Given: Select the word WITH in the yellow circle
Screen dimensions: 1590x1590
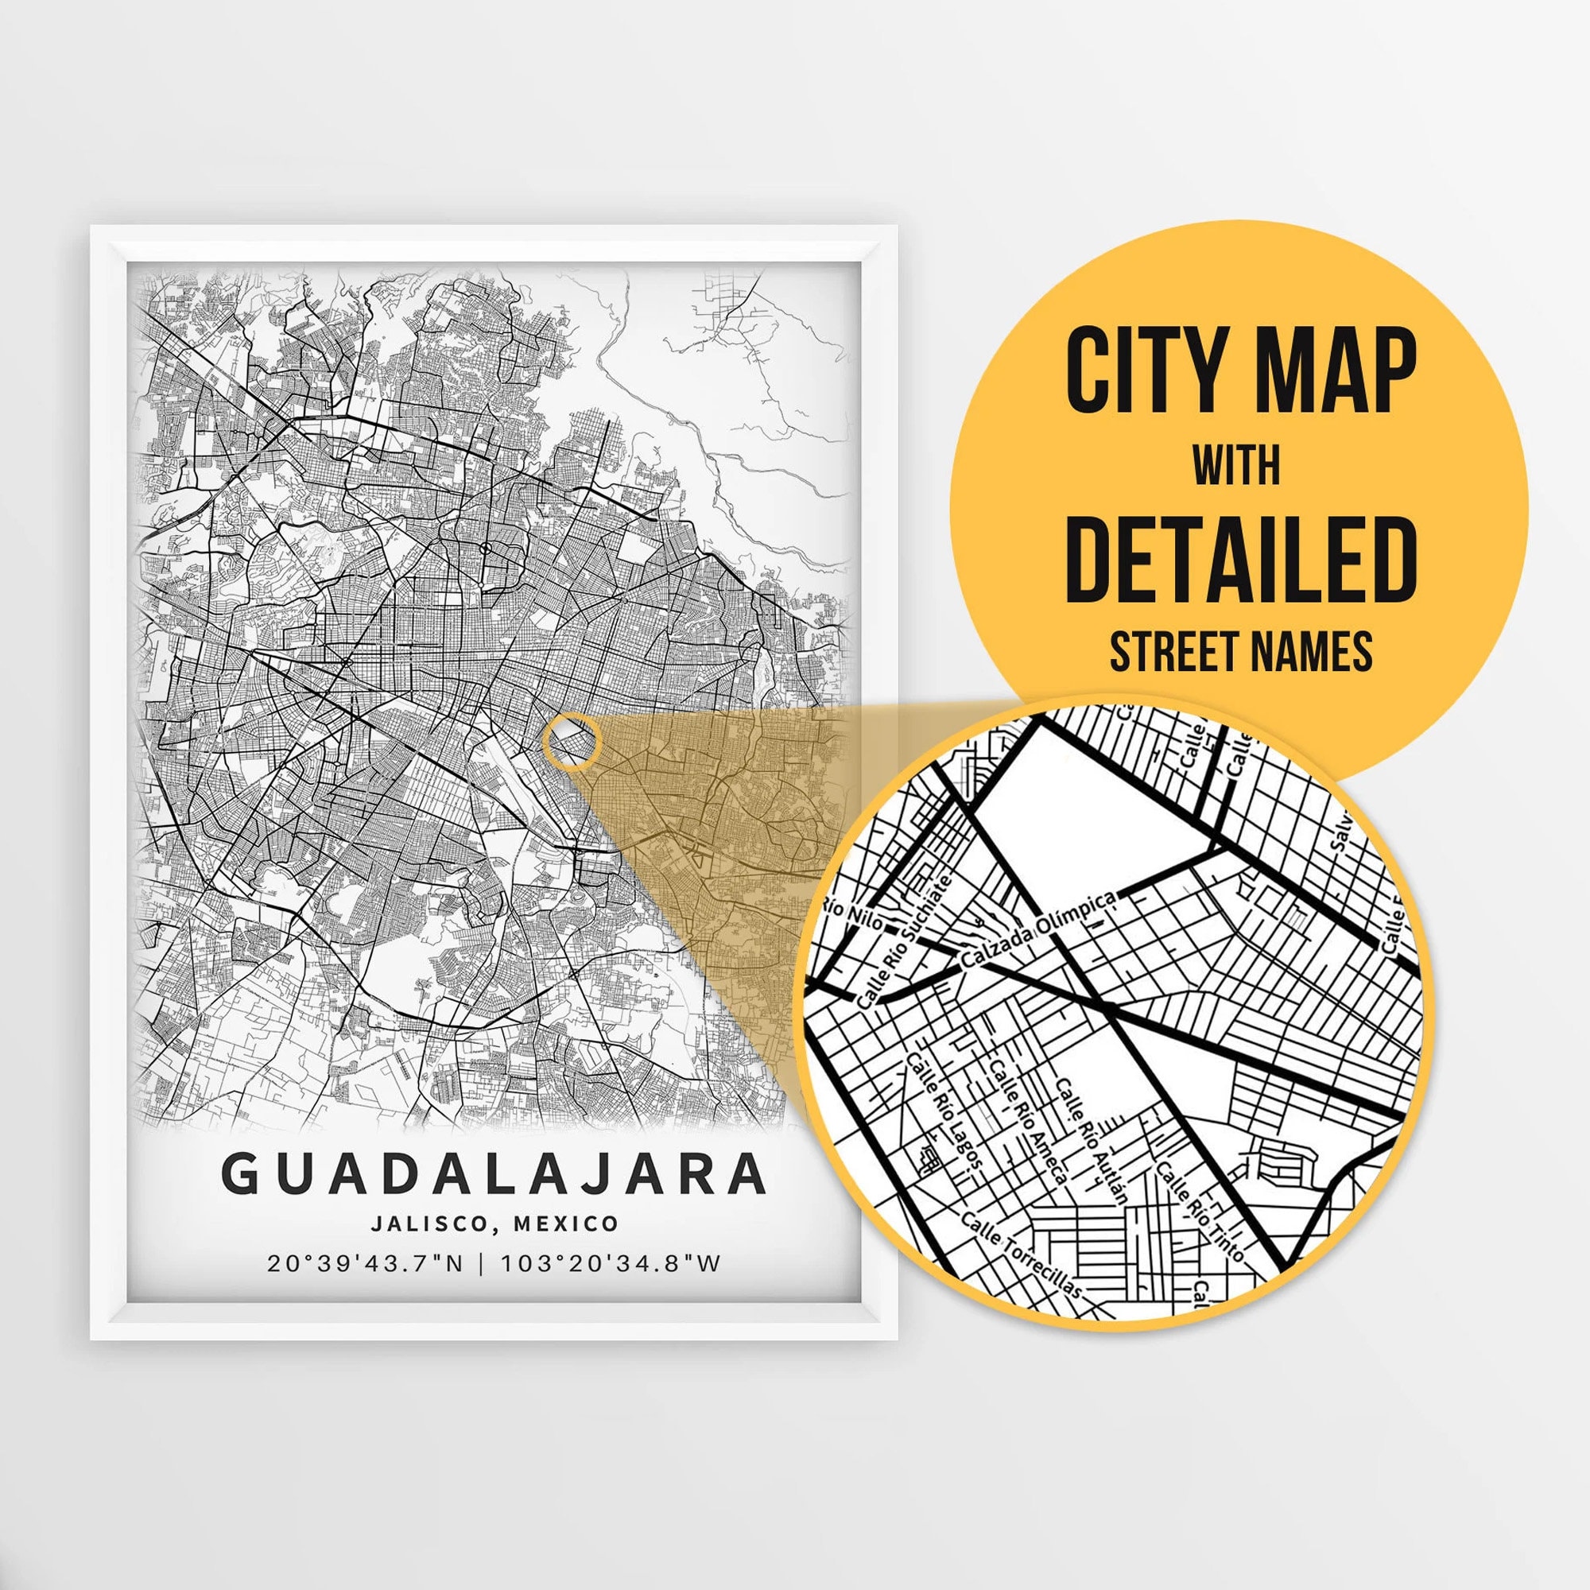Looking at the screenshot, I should (x=1236, y=467).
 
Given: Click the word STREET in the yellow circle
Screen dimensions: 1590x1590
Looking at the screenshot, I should (x=1175, y=652).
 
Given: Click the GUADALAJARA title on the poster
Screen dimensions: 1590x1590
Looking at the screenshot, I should (x=494, y=1174).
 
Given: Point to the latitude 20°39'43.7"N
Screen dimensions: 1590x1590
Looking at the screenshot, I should (x=366, y=1263).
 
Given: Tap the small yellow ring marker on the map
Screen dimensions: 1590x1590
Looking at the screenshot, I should (x=572, y=743).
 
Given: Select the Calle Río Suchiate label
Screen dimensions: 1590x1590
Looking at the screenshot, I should (x=904, y=943).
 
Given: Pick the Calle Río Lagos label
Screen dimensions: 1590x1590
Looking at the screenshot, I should (x=944, y=1111).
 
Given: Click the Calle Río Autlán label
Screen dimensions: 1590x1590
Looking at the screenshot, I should (x=1092, y=1141).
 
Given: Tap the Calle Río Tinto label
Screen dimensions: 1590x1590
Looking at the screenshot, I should (x=1199, y=1211).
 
